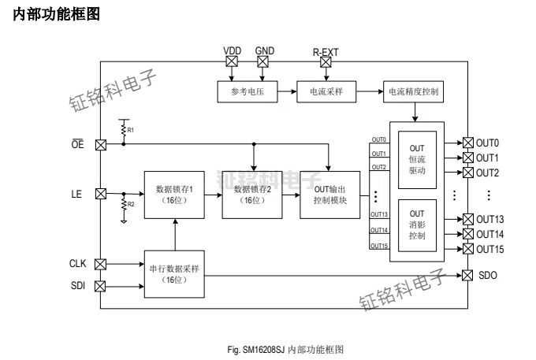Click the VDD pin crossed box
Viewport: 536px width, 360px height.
click(x=232, y=61)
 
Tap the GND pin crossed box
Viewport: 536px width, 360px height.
click(x=263, y=61)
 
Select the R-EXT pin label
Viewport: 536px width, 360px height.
click(x=325, y=50)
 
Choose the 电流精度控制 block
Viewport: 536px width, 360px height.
click(x=414, y=92)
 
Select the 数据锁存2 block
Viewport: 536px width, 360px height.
click(x=253, y=195)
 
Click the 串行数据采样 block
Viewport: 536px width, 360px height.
click(x=175, y=273)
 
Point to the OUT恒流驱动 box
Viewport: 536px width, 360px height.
click(x=417, y=165)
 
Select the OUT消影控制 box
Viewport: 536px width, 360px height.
click(x=417, y=224)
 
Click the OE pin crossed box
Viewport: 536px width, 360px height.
click(x=100, y=145)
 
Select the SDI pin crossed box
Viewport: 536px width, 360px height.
click(x=100, y=285)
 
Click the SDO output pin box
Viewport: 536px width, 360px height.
click(x=467, y=275)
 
